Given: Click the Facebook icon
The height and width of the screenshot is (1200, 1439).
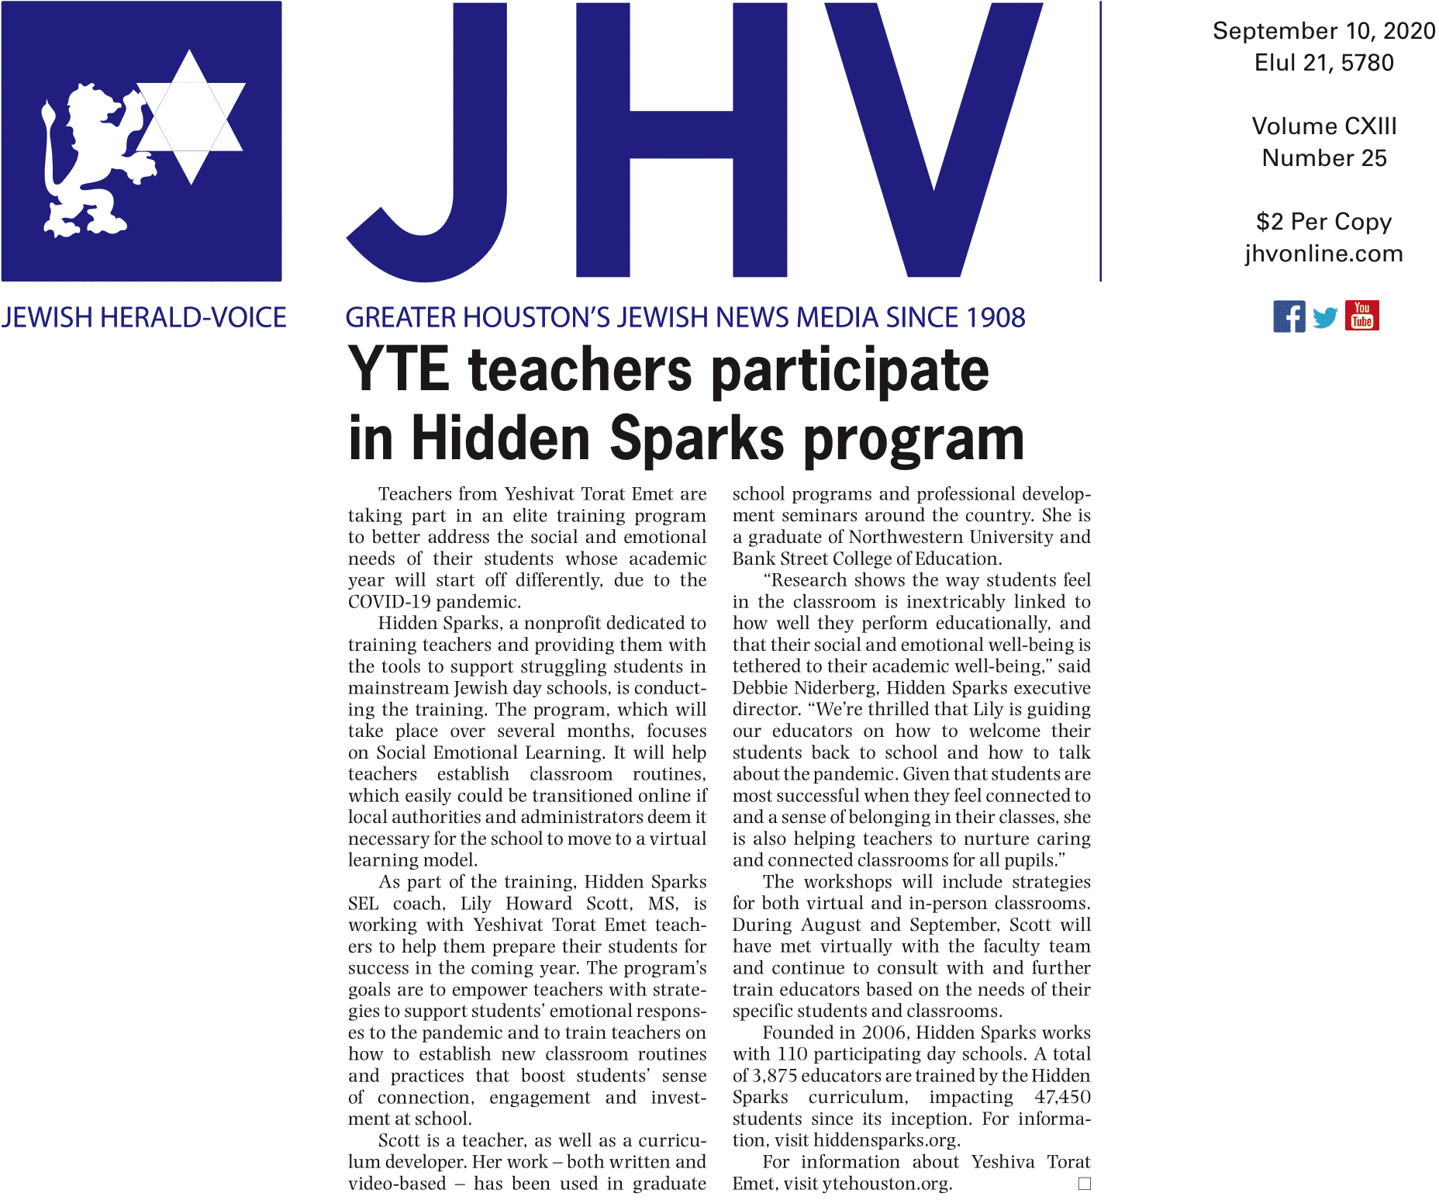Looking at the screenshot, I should click(x=1289, y=316).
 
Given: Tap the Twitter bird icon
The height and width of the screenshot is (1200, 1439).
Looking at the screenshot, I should click(x=1325, y=317).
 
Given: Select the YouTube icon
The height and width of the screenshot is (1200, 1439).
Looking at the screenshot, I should click(x=1361, y=316).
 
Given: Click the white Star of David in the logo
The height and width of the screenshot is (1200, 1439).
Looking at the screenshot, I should click(x=191, y=116).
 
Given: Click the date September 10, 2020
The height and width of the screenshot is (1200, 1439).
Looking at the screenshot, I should click(x=1323, y=31).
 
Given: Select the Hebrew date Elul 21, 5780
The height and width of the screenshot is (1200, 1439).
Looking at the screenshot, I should click(x=1323, y=63).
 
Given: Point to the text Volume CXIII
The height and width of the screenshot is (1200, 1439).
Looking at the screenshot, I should click(x=1323, y=126).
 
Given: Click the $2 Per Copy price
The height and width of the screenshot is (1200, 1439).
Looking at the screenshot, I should click(x=1323, y=222).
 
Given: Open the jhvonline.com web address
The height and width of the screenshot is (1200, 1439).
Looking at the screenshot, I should click(x=1323, y=254).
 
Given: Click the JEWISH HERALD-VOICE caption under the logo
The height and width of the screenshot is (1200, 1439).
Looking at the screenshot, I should click(x=143, y=317).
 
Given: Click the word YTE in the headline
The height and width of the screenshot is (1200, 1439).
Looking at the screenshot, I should click(x=399, y=369).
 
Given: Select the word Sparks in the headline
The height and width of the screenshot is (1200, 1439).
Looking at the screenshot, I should click(x=697, y=439).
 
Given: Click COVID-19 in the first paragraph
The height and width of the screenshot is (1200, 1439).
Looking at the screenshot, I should click(x=389, y=602).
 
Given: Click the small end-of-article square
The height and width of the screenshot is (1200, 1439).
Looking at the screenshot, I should click(x=1084, y=1184).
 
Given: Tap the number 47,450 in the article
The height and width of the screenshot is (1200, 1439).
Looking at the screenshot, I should click(x=1062, y=1097).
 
